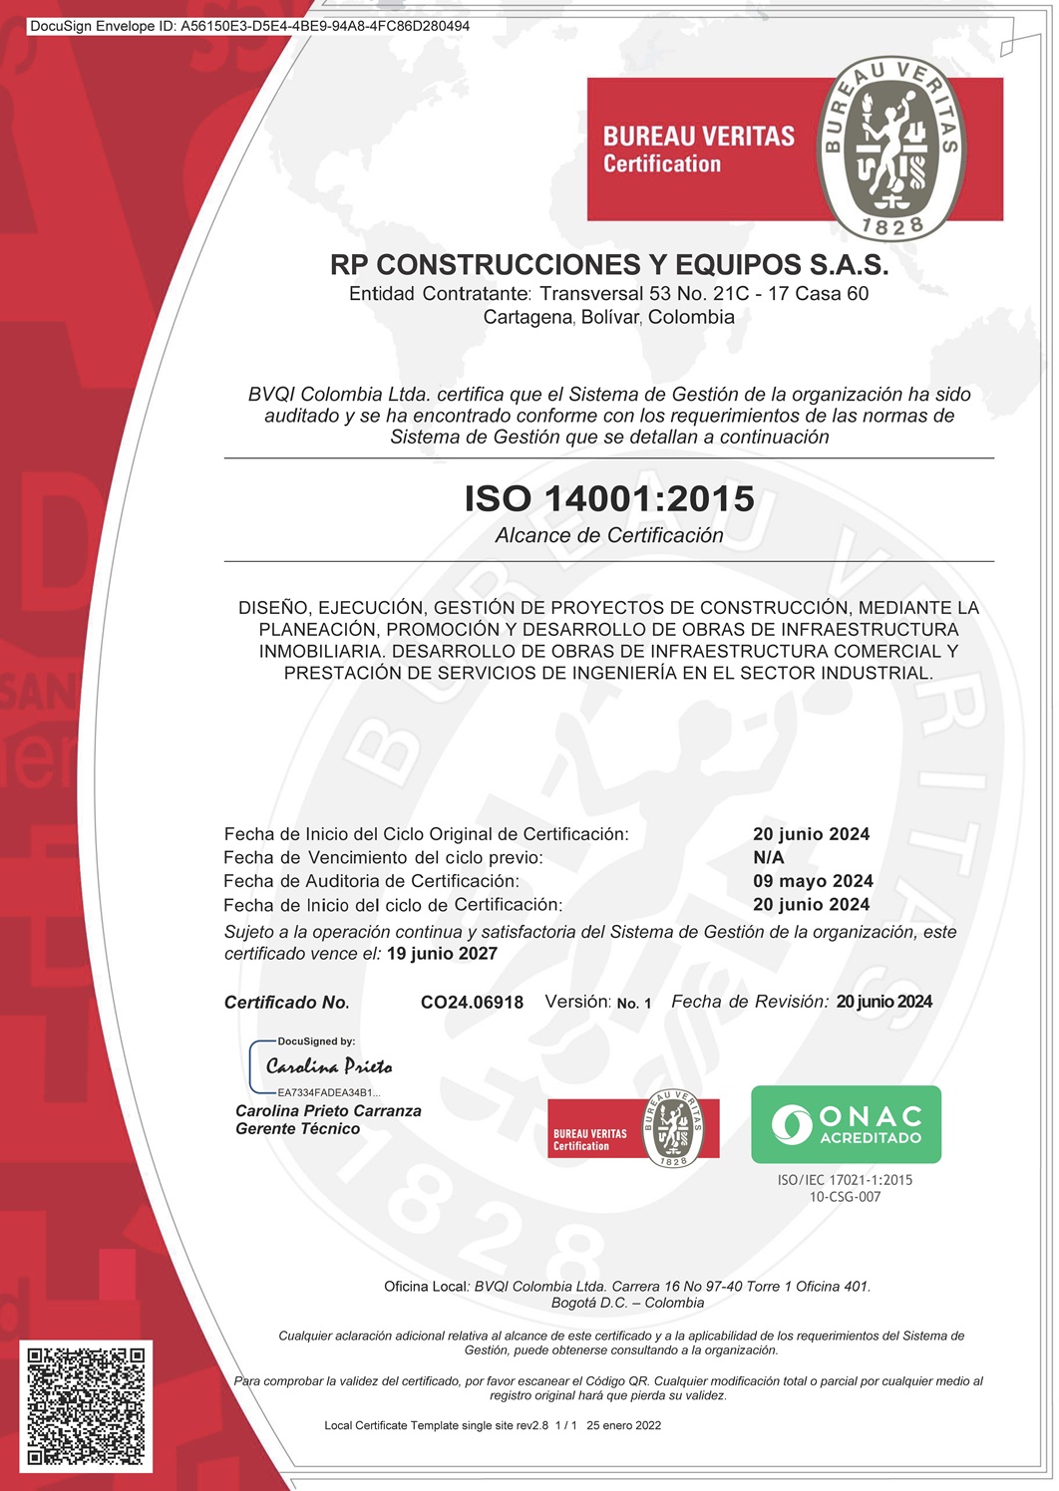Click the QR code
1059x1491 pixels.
pyautogui.click(x=86, y=1405)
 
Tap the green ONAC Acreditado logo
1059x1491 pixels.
pyautogui.click(x=846, y=1124)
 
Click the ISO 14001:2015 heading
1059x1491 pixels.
pyautogui.click(x=609, y=498)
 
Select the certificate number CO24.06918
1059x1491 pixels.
pyautogui.click(x=472, y=1003)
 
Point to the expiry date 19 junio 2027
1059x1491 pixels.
pyautogui.click(x=442, y=954)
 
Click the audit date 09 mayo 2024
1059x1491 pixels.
pyautogui.click(x=813, y=881)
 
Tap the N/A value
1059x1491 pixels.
pyautogui.click(x=769, y=857)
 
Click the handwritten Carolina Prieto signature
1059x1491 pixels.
pyautogui.click(x=329, y=1066)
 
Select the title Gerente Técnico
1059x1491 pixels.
pyautogui.click(x=297, y=1129)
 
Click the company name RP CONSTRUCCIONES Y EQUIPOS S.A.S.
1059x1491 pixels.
pyautogui.click(x=609, y=265)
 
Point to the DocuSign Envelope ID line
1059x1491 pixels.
pyautogui.click(x=249, y=26)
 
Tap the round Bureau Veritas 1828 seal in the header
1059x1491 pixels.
pyautogui.click(x=890, y=148)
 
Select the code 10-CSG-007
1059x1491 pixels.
pyautogui.click(x=845, y=1197)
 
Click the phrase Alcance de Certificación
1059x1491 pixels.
pyautogui.click(x=609, y=535)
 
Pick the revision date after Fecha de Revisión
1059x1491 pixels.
pyautogui.click(x=884, y=1002)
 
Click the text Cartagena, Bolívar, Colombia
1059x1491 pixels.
pyautogui.click(x=609, y=318)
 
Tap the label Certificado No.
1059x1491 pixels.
pyautogui.click(x=286, y=1003)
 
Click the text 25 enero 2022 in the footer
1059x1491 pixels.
pyautogui.click(x=623, y=1425)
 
